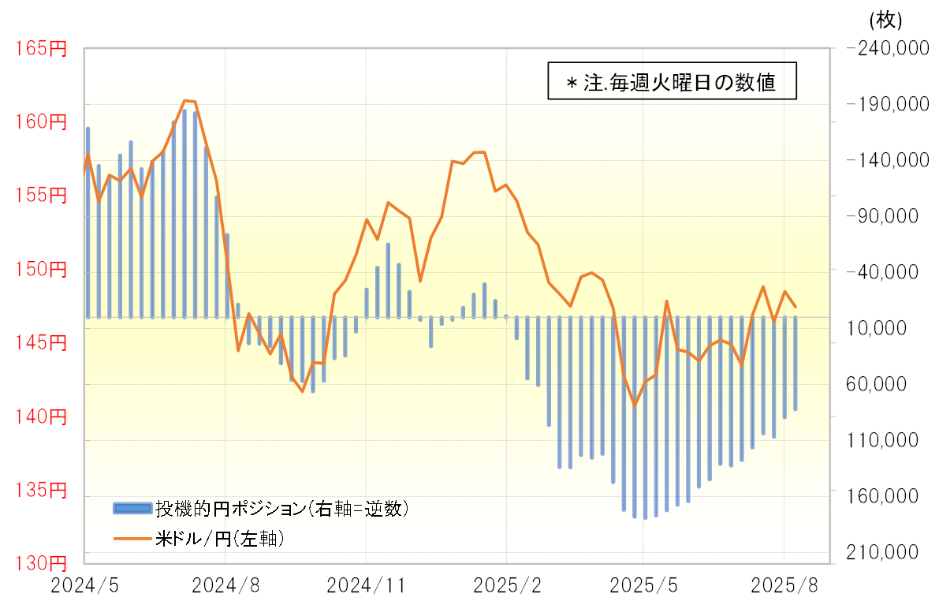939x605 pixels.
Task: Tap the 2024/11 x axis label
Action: point(366,586)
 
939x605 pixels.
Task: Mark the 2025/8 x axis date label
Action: point(784,586)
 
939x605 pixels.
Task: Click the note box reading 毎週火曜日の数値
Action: point(672,81)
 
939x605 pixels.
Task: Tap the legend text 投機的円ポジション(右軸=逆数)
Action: point(281,508)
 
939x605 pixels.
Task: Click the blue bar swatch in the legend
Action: point(132,508)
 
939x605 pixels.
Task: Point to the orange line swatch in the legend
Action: point(132,540)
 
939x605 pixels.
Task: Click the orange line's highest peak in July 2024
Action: point(184,100)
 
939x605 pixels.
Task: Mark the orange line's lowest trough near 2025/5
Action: point(634,405)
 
